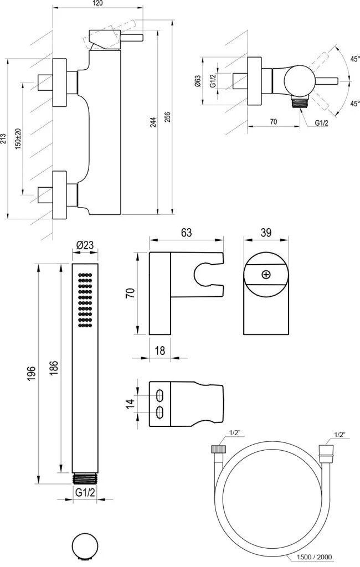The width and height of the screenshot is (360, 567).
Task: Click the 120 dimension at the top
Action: click(x=97, y=3)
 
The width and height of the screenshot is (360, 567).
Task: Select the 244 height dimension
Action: click(x=153, y=122)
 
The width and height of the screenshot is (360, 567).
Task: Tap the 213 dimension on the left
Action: click(x=3, y=138)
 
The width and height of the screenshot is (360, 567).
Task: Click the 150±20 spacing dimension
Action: click(x=18, y=138)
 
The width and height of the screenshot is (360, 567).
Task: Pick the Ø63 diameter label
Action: click(x=198, y=81)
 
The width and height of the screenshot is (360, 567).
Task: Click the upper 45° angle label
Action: click(x=355, y=59)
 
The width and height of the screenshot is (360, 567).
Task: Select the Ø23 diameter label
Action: click(x=85, y=245)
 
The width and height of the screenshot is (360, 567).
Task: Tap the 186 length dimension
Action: click(x=54, y=368)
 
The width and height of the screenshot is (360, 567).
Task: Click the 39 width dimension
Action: click(x=266, y=233)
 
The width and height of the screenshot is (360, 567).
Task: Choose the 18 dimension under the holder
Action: click(x=160, y=350)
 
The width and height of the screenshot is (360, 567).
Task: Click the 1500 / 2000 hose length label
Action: click(x=314, y=557)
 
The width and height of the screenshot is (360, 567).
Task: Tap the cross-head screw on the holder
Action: click(x=266, y=275)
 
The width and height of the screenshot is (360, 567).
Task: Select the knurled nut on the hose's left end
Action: click(x=218, y=450)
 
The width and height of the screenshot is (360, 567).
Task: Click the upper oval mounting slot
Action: click(x=160, y=395)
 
